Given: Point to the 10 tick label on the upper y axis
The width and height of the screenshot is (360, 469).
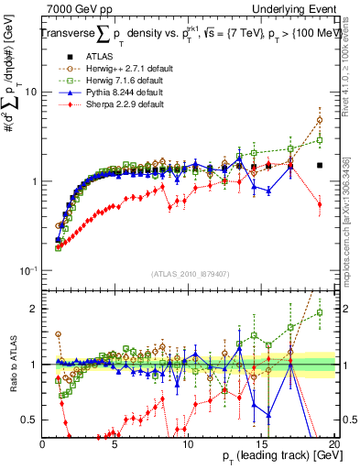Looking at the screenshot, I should [30, 93].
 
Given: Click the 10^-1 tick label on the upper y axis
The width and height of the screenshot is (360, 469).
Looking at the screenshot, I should [28, 270].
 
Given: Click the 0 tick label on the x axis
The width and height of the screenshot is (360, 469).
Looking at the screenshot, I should [43, 444].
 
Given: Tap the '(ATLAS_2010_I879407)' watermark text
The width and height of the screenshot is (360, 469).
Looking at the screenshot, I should [189, 275].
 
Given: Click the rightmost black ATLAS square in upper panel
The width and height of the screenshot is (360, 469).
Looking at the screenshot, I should [320, 166].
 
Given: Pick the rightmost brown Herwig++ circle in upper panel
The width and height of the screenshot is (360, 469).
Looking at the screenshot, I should [320, 120].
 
